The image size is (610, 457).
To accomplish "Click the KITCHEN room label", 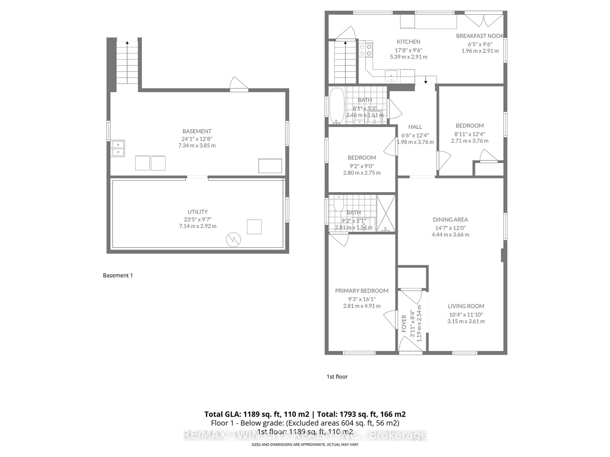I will [x=408, y=42].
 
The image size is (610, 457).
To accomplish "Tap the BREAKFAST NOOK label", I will [x=480, y=36].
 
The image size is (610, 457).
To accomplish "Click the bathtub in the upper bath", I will [x=337, y=106].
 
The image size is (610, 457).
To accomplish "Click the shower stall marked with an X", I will [x=386, y=213].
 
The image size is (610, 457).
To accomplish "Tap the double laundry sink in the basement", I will [x=118, y=149].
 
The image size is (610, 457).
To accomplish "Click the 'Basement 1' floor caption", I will [x=118, y=275].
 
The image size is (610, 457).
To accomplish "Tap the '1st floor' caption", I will [x=337, y=377].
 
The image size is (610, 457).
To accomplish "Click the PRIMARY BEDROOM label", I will [x=362, y=291].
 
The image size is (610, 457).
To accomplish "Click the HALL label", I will [x=415, y=127].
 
